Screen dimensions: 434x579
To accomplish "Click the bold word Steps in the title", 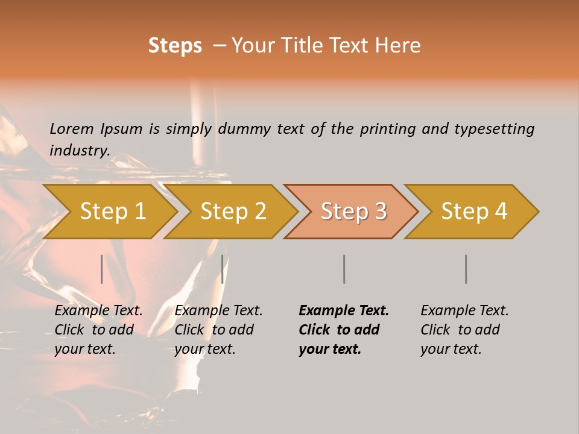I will pyautogui.click(x=175, y=46).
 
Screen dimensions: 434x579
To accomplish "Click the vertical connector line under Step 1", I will pyautogui.click(x=102, y=269).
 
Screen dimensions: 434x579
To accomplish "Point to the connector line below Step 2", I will pyautogui.click(x=223, y=269).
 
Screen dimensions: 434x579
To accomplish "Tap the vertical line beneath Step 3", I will pyautogui.click(x=344, y=269).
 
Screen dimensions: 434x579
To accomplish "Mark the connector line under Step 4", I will pyautogui.click(x=466, y=269).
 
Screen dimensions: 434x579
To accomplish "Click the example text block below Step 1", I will pyautogui.click(x=98, y=330).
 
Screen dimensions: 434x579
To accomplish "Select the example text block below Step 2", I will pyautogui.click(x=218, y=330).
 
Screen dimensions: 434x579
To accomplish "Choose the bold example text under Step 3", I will pyautogui.click(x=344, y=330).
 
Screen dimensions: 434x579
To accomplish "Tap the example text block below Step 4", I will pyautogui.click(x=464, y=330).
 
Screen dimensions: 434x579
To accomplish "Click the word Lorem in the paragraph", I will pyautogui.click(x=71, y=128).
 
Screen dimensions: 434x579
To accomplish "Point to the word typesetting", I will pyautogui.click(x=494, y=128).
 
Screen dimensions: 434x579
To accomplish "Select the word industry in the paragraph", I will pyautogui.click(x=80, y=150).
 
